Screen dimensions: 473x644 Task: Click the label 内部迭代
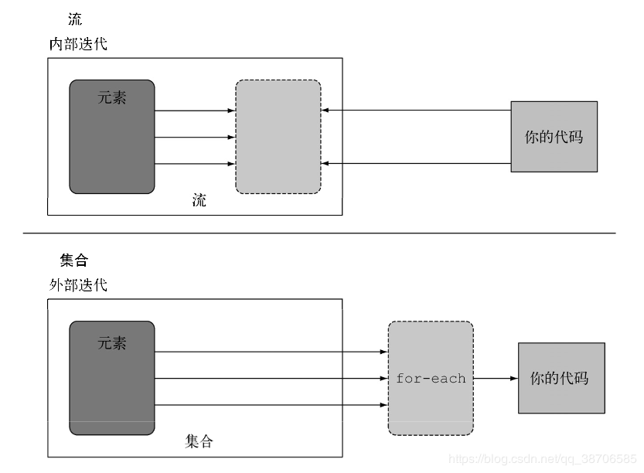78,44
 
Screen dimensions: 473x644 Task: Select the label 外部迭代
78,285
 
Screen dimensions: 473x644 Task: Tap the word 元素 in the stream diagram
112,98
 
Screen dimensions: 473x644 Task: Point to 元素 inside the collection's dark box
112,343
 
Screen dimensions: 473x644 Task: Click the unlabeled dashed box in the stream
278,137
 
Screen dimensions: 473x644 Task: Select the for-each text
431,379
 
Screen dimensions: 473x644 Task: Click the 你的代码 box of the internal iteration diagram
554,137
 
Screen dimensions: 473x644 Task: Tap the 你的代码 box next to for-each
561,379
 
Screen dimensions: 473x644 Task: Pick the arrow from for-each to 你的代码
496,379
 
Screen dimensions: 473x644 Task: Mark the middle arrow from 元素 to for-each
271,379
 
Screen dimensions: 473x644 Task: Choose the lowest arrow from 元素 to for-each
271,404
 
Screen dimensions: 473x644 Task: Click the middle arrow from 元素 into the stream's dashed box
195,138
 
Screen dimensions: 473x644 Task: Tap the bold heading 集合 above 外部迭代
74,260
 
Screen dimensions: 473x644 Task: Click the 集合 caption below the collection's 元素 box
199,441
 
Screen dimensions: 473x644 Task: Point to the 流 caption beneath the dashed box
199,201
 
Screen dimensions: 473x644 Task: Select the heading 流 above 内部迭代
75,19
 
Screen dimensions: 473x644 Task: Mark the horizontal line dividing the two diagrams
319,233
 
